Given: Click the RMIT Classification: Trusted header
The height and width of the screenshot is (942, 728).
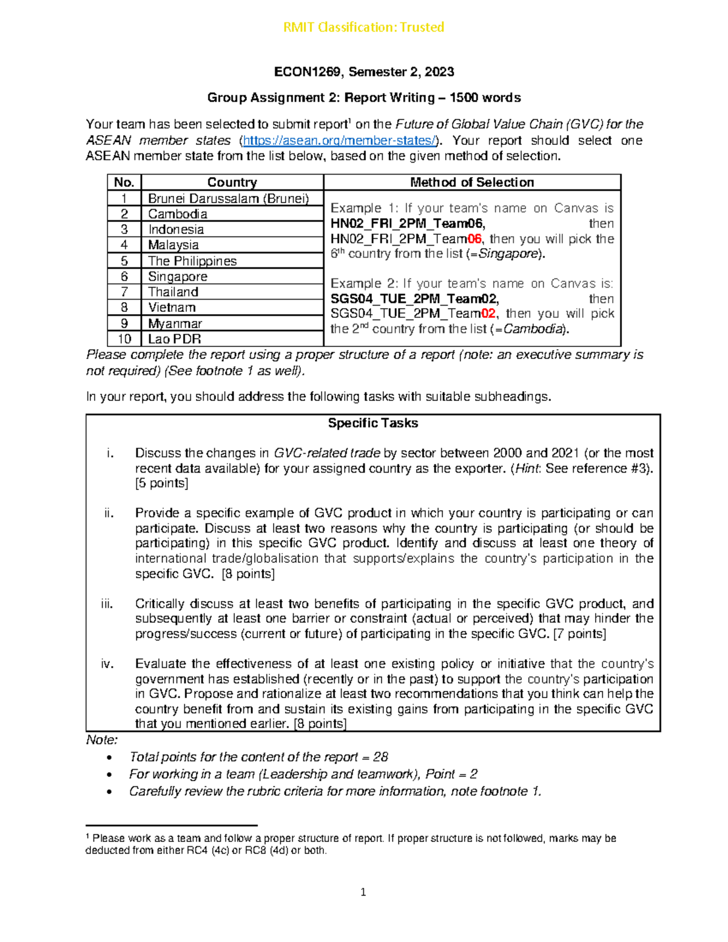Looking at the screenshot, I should (x=363, y=27).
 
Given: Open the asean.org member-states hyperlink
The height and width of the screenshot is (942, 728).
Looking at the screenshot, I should (x=339, y=141).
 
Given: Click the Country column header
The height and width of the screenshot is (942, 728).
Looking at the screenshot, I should (x=232, y=183).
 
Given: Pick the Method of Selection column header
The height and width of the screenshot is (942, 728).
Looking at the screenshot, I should (x=471, y=183).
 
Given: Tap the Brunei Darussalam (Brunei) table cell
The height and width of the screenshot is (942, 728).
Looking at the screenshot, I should (x=228, y=198).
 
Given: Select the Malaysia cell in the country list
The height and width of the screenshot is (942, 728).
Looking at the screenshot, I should (x=174, y=245).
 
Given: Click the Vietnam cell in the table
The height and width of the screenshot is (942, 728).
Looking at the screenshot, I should (x=172, y=308).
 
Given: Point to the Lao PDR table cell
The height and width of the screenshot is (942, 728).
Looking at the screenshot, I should (x=174, y=339).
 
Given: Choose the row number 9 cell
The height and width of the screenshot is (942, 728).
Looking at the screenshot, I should (x=124, y=323).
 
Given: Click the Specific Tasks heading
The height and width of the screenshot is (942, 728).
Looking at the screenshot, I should (x=372, y=423).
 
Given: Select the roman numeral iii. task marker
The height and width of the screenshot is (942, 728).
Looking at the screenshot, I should (x=107, y=604).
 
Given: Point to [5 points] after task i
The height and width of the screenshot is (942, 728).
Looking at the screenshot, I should (x=161, y=483).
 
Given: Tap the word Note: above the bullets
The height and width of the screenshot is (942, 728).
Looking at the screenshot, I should (x=101, y=740).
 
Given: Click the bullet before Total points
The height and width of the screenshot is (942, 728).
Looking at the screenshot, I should (x=109, y=758).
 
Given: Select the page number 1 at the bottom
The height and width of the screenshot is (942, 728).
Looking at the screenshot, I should (x=363, y=892).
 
